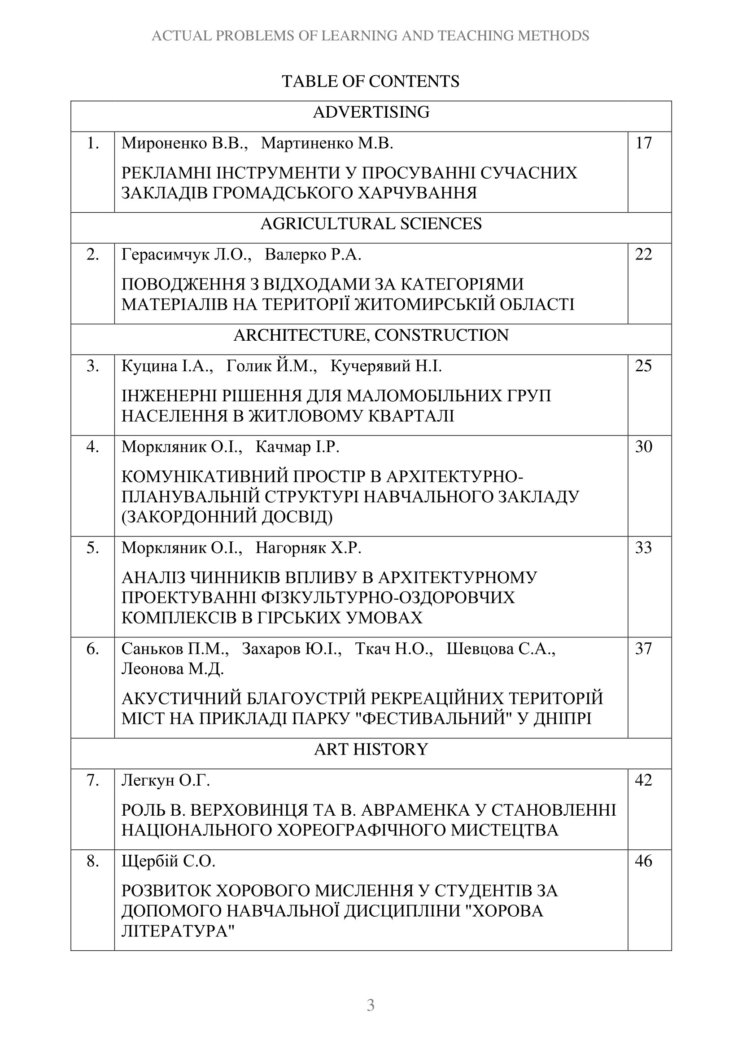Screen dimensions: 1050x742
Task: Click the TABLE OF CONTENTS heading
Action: tap(371, 81)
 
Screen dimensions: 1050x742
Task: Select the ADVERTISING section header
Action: tap(371, 112)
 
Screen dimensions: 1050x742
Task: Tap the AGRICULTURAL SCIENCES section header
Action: tap(371, 224)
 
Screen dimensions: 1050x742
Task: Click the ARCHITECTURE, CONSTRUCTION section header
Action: tap(371, 335)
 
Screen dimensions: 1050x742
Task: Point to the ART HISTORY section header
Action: tap(371, 749)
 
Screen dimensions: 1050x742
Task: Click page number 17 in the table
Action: tap(643, 143)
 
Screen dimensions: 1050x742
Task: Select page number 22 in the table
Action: tap(643, 255)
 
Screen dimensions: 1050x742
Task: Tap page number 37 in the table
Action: tap(643, 649)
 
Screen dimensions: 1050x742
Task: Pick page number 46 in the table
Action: tap(643, 861)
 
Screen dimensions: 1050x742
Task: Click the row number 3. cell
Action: tap(93, 366)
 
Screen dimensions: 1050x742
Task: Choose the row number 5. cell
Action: tap(93, 548)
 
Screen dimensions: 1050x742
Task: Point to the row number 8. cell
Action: tap(93, 861)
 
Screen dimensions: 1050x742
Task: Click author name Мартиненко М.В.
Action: tap(327, 144)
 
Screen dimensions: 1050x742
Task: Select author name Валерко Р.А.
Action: tap(313, 255)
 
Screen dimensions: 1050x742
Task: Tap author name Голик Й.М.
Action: tap(271, 367)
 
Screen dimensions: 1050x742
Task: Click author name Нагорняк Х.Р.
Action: tap(308, 548)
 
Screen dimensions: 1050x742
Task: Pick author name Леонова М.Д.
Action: tap(173, 669)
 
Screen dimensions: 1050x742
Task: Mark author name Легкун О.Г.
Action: tap(166, 781)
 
